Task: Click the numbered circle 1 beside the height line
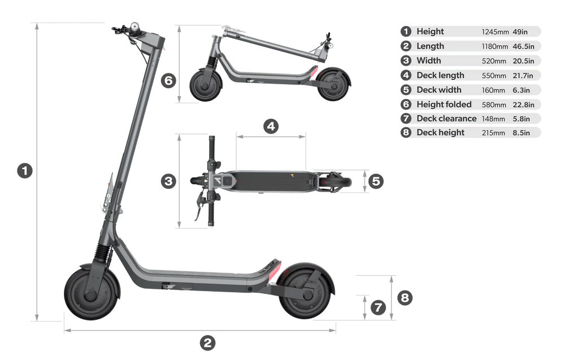[x=23, y=171]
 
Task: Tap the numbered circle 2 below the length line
[x=207, y=342]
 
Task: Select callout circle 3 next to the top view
[x=168, y=181]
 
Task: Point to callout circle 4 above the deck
[x=271, y=126]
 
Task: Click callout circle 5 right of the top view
[x=378, y=181]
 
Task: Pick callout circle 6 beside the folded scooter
[x=168, y=81]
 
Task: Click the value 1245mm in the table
[x=493, y=32]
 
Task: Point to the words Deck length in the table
[x=440, y=75]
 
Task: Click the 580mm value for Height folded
[x=493, y=105]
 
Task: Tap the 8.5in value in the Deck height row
[x=521, y=133]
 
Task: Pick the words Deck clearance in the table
[x=446, y=119]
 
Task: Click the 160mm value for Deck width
[x=493, y=90]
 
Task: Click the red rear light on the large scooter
[x=275, y=267]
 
